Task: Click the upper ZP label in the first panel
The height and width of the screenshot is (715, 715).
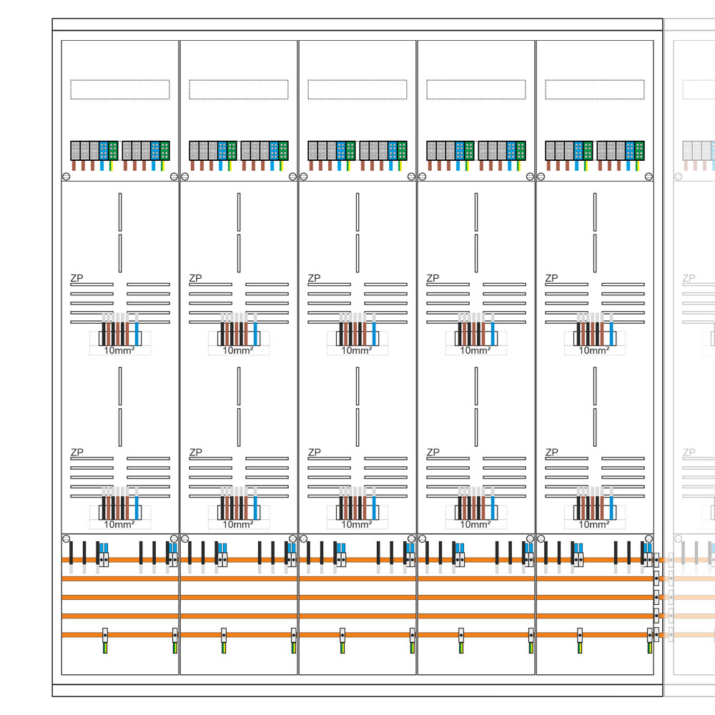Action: [x=76, y=277]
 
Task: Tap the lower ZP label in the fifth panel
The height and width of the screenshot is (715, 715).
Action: [x=551, y=452]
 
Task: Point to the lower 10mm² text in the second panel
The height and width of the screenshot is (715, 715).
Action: [x=238, y=524]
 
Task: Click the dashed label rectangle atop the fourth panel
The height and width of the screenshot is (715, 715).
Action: [x=476, y=89]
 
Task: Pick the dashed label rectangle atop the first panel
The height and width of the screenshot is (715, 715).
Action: [x=120, y=89]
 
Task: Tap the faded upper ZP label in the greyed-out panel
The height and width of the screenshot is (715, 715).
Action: [x=689, y=277]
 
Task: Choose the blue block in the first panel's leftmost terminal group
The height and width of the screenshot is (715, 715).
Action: [x=104, y=151]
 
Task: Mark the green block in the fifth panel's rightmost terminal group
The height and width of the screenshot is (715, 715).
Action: [x=640, y=151]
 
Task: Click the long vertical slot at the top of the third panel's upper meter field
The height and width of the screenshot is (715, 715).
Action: [x=357, y=211]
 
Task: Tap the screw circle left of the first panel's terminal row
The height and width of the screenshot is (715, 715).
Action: [x=66, y=176]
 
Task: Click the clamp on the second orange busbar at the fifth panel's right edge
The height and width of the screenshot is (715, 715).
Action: [x=656, y=577]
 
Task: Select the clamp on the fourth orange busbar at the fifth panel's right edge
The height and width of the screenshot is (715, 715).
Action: [x=656, y=615]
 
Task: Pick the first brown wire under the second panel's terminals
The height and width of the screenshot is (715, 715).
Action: [x=194, y=165]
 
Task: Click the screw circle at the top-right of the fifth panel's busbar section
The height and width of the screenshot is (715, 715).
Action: [x=648, y=538]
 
